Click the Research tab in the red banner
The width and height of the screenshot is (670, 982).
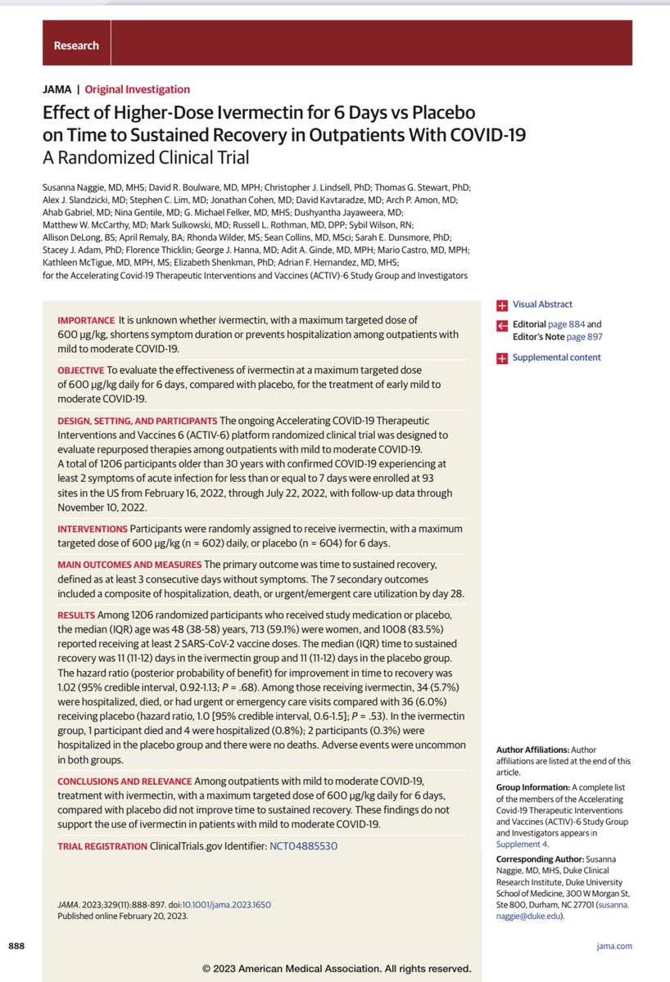click(x=76, y=46)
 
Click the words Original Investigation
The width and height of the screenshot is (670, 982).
click(x=137, y=89)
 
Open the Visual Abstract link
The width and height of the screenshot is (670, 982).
click(x=542, y=304)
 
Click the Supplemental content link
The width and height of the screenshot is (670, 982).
click(x=556, y=358)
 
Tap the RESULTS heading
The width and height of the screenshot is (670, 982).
click(x=75, y=615)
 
